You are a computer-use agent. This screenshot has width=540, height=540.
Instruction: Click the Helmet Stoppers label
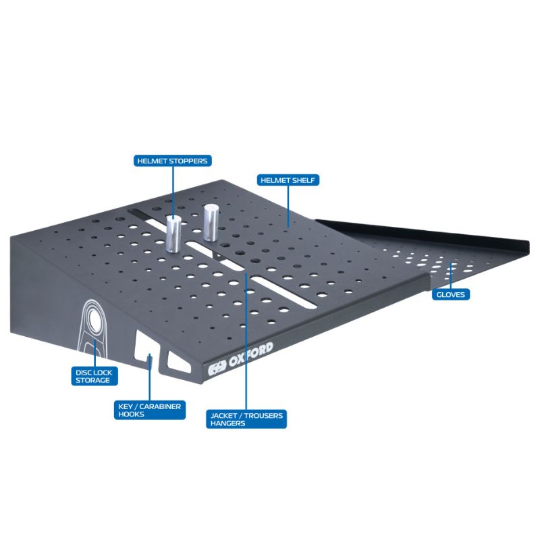point(173,161)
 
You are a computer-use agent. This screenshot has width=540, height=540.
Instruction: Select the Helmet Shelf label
point(288,180)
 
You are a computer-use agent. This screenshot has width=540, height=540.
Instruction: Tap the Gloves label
point(451,294)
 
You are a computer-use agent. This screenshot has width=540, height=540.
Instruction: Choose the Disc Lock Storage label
point(94,376)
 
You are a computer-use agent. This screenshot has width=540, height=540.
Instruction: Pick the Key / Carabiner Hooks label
point(150,410)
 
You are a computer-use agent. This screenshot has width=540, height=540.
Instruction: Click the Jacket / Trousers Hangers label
point(246,419)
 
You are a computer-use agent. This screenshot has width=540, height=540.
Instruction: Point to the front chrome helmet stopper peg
point(173,234)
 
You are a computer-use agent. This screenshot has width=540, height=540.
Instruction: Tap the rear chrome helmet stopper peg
point(210,223)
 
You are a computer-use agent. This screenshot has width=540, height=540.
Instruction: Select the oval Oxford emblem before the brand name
point(217,368)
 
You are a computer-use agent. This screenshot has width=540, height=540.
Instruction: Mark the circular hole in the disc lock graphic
point(94,319)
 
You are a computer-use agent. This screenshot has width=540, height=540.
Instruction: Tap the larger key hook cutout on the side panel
point(145,348)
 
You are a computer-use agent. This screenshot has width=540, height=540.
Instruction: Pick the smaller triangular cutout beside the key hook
point(178,362)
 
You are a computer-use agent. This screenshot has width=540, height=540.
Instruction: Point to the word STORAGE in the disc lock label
point(92,380)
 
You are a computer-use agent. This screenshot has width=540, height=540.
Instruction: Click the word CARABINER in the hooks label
point(160,406)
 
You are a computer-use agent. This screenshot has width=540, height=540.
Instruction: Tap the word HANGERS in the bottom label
point(228,423)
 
